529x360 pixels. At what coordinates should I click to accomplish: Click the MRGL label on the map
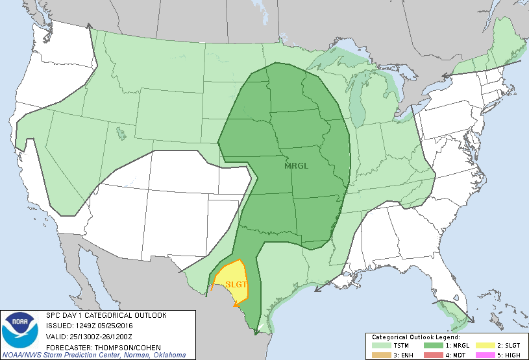297,165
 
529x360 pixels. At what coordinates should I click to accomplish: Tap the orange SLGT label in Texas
237,284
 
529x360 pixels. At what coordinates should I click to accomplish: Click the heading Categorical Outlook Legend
416,337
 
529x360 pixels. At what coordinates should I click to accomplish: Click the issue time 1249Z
85,326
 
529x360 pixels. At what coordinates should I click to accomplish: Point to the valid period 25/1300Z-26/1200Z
101,336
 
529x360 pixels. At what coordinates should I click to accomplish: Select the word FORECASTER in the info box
66,346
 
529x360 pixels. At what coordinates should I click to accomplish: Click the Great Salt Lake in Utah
120,134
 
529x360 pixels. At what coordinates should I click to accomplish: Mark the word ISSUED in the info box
58,326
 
